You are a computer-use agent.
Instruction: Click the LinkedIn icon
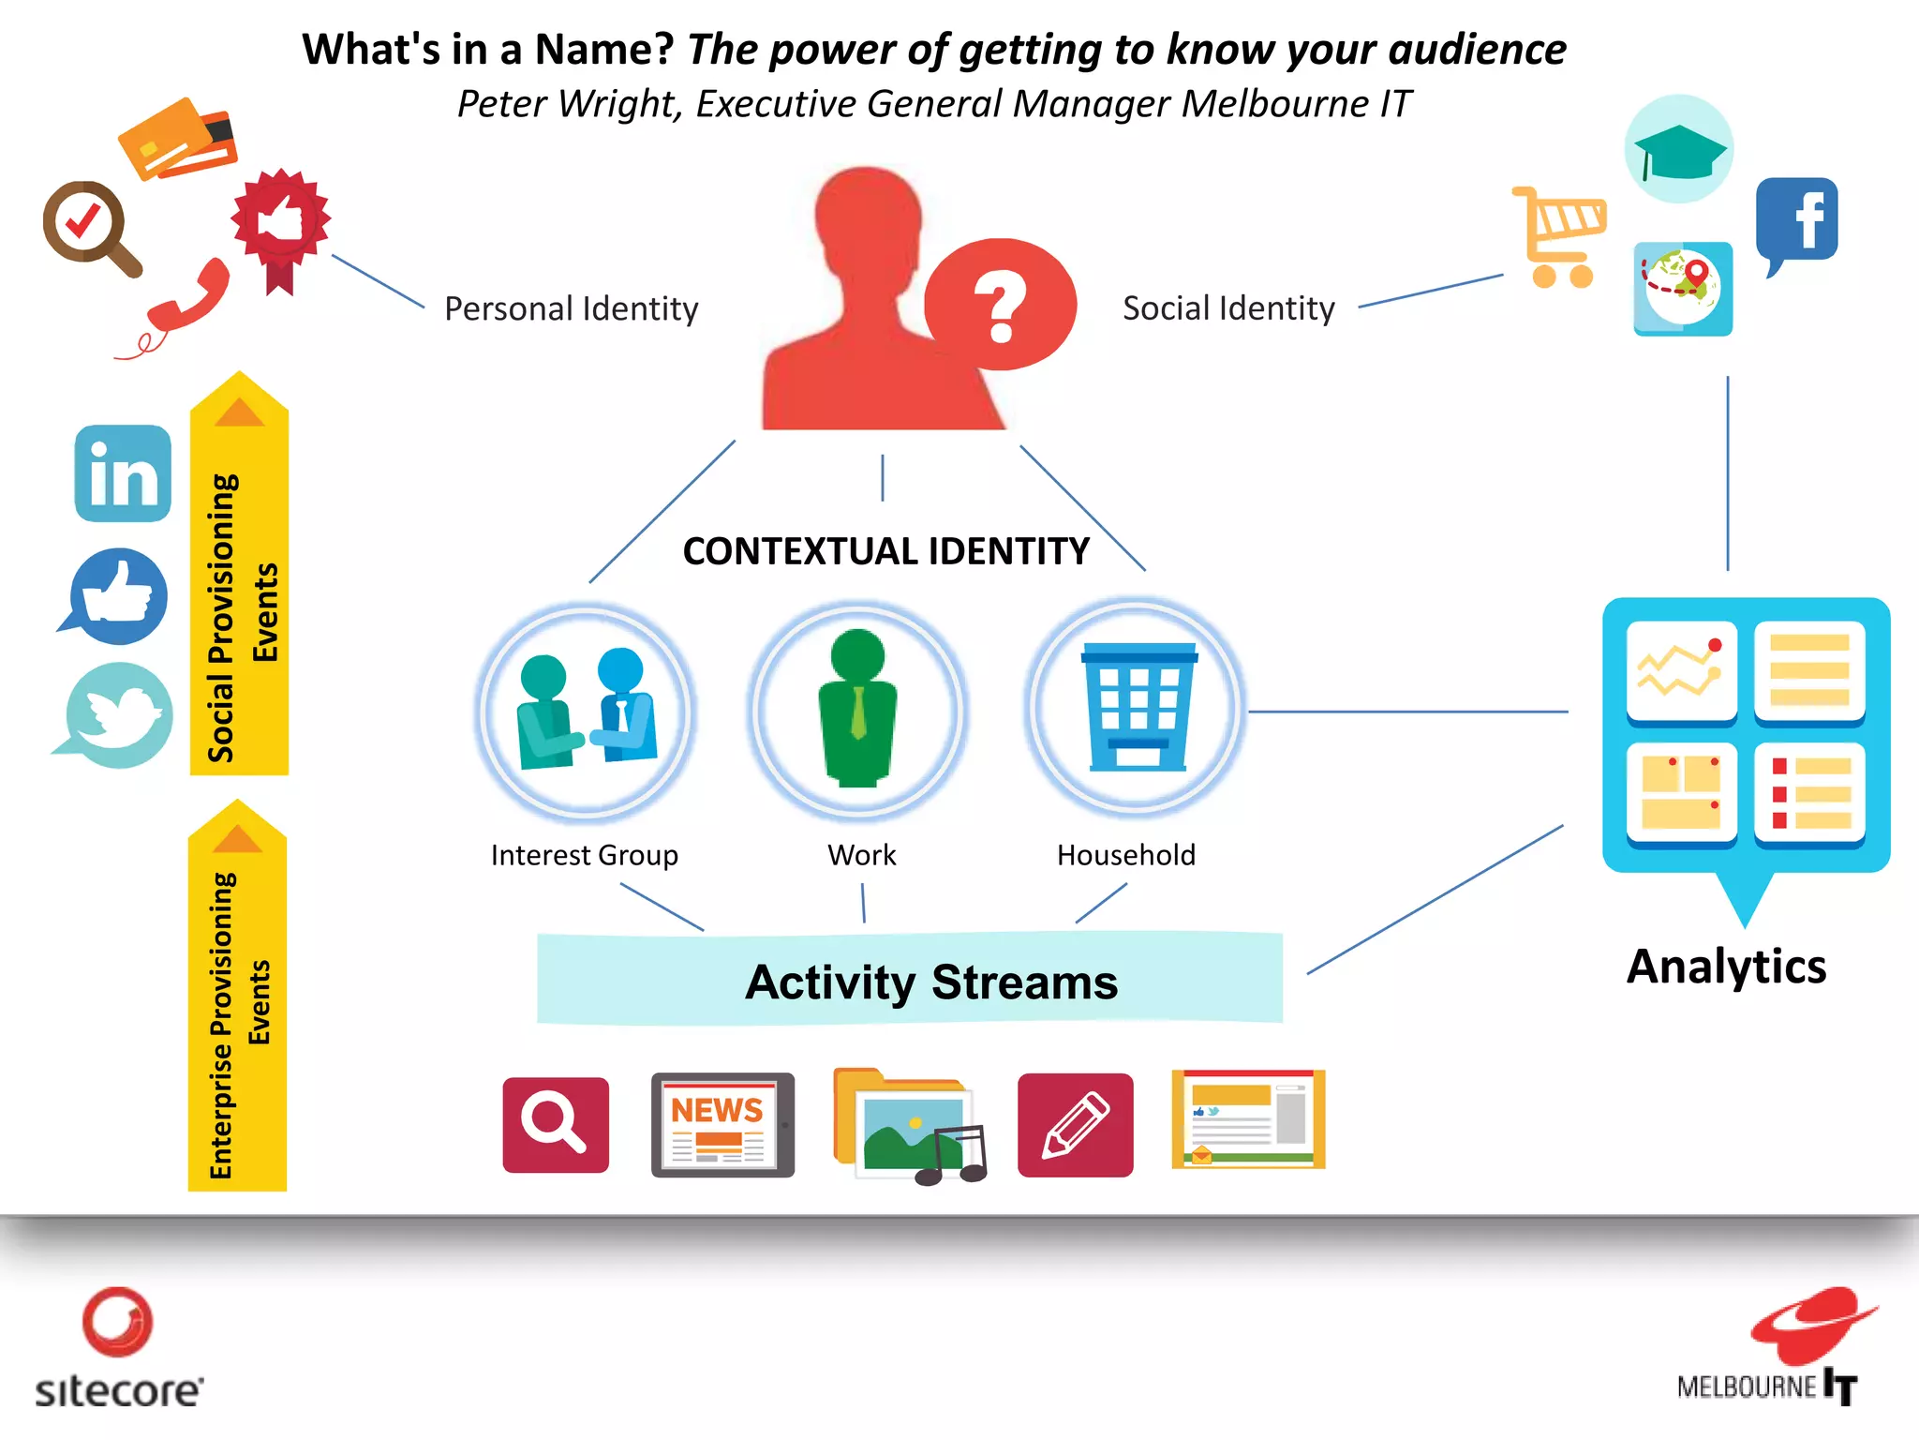tap(123, 473)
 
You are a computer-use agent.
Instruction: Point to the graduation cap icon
tap(1678, 150)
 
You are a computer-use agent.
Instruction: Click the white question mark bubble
tap(1000, 304)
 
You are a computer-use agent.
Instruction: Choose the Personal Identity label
tap(571, 308)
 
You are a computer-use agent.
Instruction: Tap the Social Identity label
tap(1228, 308)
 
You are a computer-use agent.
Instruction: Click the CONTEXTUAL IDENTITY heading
tap(885, 551)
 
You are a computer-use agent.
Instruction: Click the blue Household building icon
tap(1138, 708)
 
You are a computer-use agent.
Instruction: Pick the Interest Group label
tap(584, 855)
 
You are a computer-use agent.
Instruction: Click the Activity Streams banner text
tap(931, 982)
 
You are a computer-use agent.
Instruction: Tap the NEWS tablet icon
tap(721, 1124)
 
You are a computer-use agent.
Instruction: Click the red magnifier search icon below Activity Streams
tap(556, 1124)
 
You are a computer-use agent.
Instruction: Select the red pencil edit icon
tap(1075, 1124)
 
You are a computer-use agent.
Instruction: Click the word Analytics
tap(1726, 967)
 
